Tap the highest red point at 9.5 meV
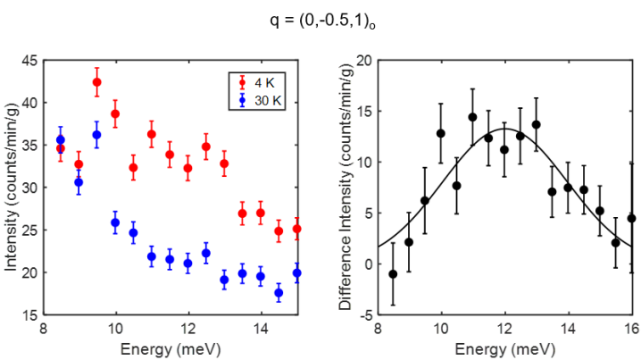(96, 82)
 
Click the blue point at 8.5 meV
(60, 139)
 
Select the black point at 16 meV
(631, 218)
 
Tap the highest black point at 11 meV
(472, 117)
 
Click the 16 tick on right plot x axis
(631, 328)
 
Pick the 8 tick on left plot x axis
(42, 328)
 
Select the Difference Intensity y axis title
(345, 188)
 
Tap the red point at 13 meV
(224, 163)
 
